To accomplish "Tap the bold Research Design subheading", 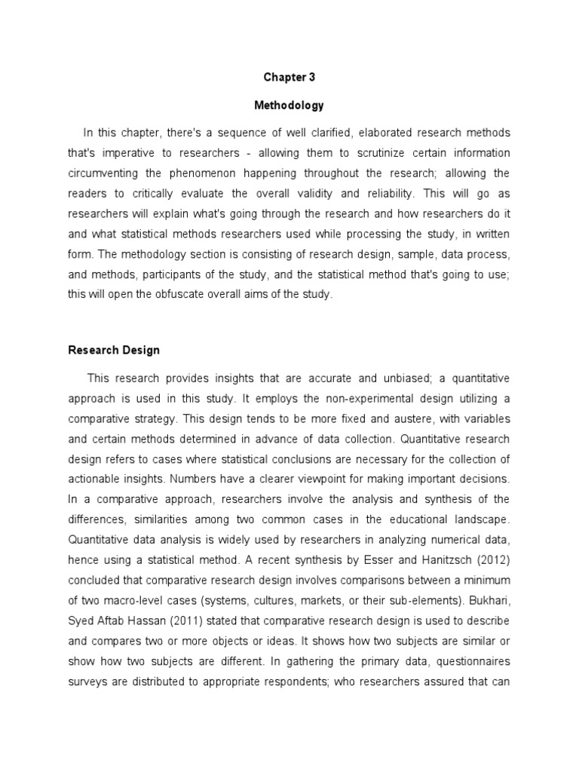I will coord(114,350).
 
